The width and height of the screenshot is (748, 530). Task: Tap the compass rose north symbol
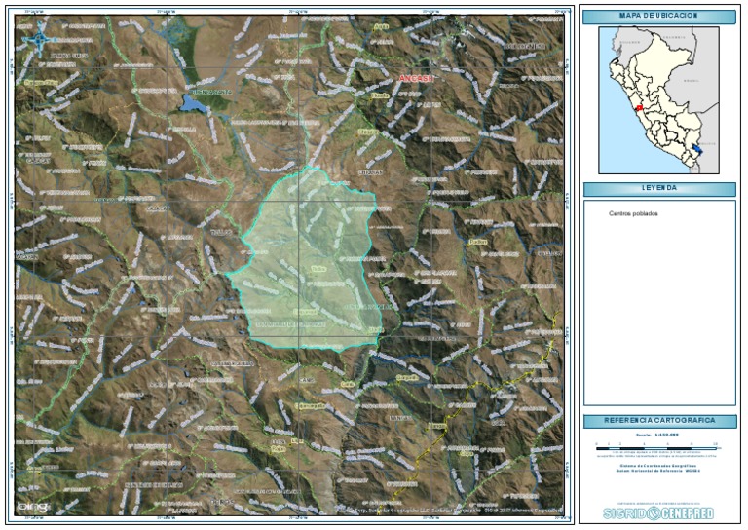(x=39, y=39)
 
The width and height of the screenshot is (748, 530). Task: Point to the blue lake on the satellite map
(x=192, y=101)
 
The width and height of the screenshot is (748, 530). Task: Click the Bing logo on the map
(x=31, y=506)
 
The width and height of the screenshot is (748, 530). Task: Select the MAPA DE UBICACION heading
(x=658, y=17)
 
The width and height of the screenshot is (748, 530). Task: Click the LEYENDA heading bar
(x=658, y=188)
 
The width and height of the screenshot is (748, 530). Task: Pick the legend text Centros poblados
(x=633, y=213)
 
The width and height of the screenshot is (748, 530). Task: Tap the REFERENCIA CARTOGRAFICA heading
(x=658, y=421)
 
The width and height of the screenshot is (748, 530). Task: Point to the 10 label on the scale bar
(x=716, y=443)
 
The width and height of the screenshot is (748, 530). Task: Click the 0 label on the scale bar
(x=597, y=443)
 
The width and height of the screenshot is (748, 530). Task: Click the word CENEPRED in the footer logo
(x=686, y=513)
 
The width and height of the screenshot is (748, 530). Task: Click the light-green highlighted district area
(x=307, y=258)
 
